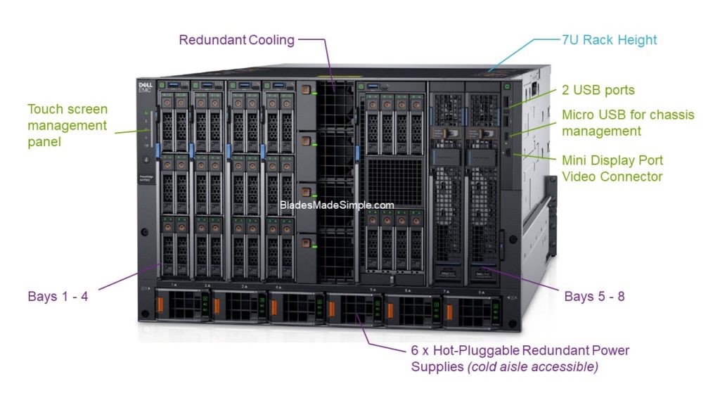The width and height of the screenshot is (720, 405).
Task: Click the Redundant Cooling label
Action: pyautogui.click(x=236, y=39)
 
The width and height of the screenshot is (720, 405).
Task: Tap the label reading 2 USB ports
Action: pyautogui.click(x=598, y=90)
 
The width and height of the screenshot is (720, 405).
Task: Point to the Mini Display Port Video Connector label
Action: pyautogui.click(x=612, y=168)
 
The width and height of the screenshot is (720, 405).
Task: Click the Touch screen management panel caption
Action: pyautogui.click(x=67, y=125)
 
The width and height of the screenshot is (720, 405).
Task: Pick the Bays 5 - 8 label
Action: pyautogui.click(x=594, y=296)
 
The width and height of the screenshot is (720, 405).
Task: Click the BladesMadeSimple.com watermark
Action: pyautogui.click(x=337, y=205)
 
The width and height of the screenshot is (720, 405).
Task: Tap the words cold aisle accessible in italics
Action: pyautogui.click(x=532, y=366)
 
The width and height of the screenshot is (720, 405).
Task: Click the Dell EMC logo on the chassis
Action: pyautogui.click(x=146, y=88)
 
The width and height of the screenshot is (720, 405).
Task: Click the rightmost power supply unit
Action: pyautogui.click(x=473, y=311)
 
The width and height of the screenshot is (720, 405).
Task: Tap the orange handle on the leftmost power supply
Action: pyautogui.click(x=158, y=307)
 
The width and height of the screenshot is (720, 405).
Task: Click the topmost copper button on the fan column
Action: pyautogui.click(x=304, y=90)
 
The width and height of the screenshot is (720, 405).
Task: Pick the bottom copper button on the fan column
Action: pyautogui.click(x=304, y=243)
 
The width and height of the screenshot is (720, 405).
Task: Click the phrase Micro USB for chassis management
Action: pyautogui.click(x=627, y=122)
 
